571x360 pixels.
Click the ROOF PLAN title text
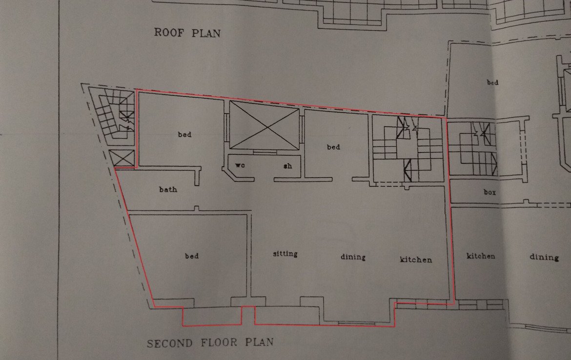(187, 33)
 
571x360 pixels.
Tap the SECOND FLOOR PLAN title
(210, 343)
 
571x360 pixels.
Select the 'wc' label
(240, 165)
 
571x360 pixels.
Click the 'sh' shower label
(287, 166)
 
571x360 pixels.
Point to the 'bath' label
(168, 189)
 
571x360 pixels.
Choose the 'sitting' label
(285, 254)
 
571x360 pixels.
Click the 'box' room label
(489, 192)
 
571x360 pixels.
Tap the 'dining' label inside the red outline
(353, 257)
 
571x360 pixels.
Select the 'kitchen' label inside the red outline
(416, 260)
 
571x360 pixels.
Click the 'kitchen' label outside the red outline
(481, 256)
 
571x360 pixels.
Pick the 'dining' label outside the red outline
(544, 258)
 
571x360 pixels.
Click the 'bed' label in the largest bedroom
(192, 256)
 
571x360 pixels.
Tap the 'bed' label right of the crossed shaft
(333, 147)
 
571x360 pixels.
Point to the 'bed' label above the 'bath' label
(184, 134)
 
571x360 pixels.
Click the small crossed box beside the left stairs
(122, 159)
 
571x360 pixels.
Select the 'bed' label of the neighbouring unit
(493, 82)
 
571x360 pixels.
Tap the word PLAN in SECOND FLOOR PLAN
(259, 342)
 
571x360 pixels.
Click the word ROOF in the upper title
(169, 32)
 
